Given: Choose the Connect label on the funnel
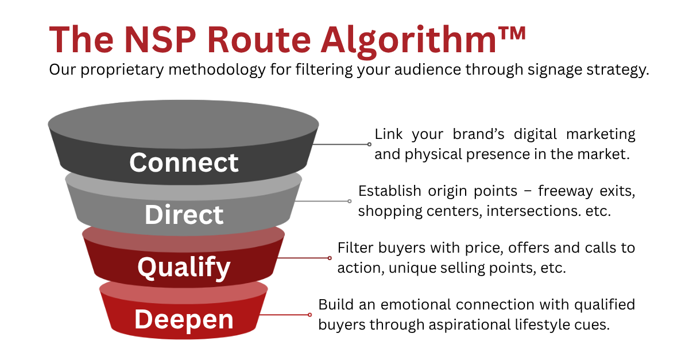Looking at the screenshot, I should pyautogui.click(x=184, y=162).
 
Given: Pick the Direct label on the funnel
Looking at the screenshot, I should pyautogui.click(x=184, y=215).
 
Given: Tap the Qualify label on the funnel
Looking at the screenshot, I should pyautogui.click(x=184, y=267).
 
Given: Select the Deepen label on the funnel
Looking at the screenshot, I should pyautogui.click(x=184, y=319).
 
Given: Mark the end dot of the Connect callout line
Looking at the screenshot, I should pyautogui.click(x=369, y=145).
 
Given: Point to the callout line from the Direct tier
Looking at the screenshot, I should pyautogui.click(x=322, y=202).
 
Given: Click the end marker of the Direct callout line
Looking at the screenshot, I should pyautogui.click(x=349, y=202).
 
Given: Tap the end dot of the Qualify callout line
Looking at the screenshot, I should pyautogui.click(x=330, y=258).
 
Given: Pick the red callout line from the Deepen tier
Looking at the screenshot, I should pyautogui.click(x=284, y=315).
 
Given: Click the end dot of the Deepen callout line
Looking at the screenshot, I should pyautogui.click(x=310, y=315).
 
